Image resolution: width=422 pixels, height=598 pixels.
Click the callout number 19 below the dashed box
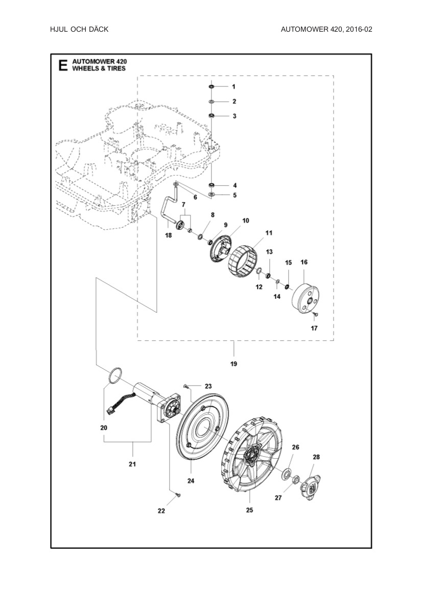(233, 364)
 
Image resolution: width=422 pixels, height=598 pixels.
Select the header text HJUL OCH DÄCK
(79, 29)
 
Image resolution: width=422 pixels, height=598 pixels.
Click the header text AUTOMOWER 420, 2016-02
(326, 29)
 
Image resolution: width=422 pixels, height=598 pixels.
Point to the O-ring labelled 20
(115, 374)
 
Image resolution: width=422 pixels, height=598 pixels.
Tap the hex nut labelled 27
(295, 480)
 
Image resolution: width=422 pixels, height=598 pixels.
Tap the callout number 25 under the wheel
(250, 510)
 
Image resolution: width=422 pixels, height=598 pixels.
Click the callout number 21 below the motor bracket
(132, 464)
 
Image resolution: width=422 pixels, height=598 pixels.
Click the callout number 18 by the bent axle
(168, 235)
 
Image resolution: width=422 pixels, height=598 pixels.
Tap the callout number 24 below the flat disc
(191, 480)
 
